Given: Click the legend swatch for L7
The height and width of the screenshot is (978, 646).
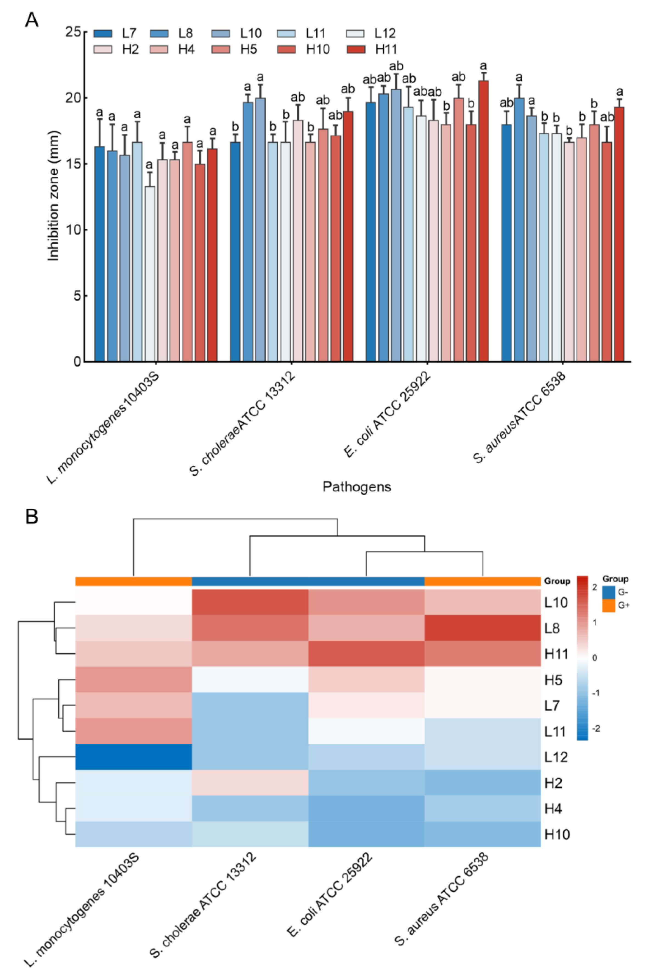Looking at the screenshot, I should click(x=103, y=33).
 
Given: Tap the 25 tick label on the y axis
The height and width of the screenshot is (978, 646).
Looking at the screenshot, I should click(x=73, y=32).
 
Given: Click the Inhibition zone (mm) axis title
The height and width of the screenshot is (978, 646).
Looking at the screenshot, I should click(x=54, y=196).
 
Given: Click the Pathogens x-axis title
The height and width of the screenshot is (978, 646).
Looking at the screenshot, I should click(x=357, y=487).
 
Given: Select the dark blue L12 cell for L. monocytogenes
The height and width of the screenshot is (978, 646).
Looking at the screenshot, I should click(x=133, y=757).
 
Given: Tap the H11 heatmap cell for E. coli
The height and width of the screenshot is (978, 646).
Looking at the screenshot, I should click(x=366, y=654).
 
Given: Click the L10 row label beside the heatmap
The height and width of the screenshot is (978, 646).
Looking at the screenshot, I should click(x=556, y=602).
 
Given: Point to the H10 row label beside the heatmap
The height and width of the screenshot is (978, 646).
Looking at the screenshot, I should click(x=557, y=834).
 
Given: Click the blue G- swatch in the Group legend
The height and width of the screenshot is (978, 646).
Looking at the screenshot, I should click(x=609, y=592).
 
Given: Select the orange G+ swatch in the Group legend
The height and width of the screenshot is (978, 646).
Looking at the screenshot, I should click(x=609, y=605).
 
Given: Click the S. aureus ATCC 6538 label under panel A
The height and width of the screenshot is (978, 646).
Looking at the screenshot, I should click(x=519, y=417).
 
